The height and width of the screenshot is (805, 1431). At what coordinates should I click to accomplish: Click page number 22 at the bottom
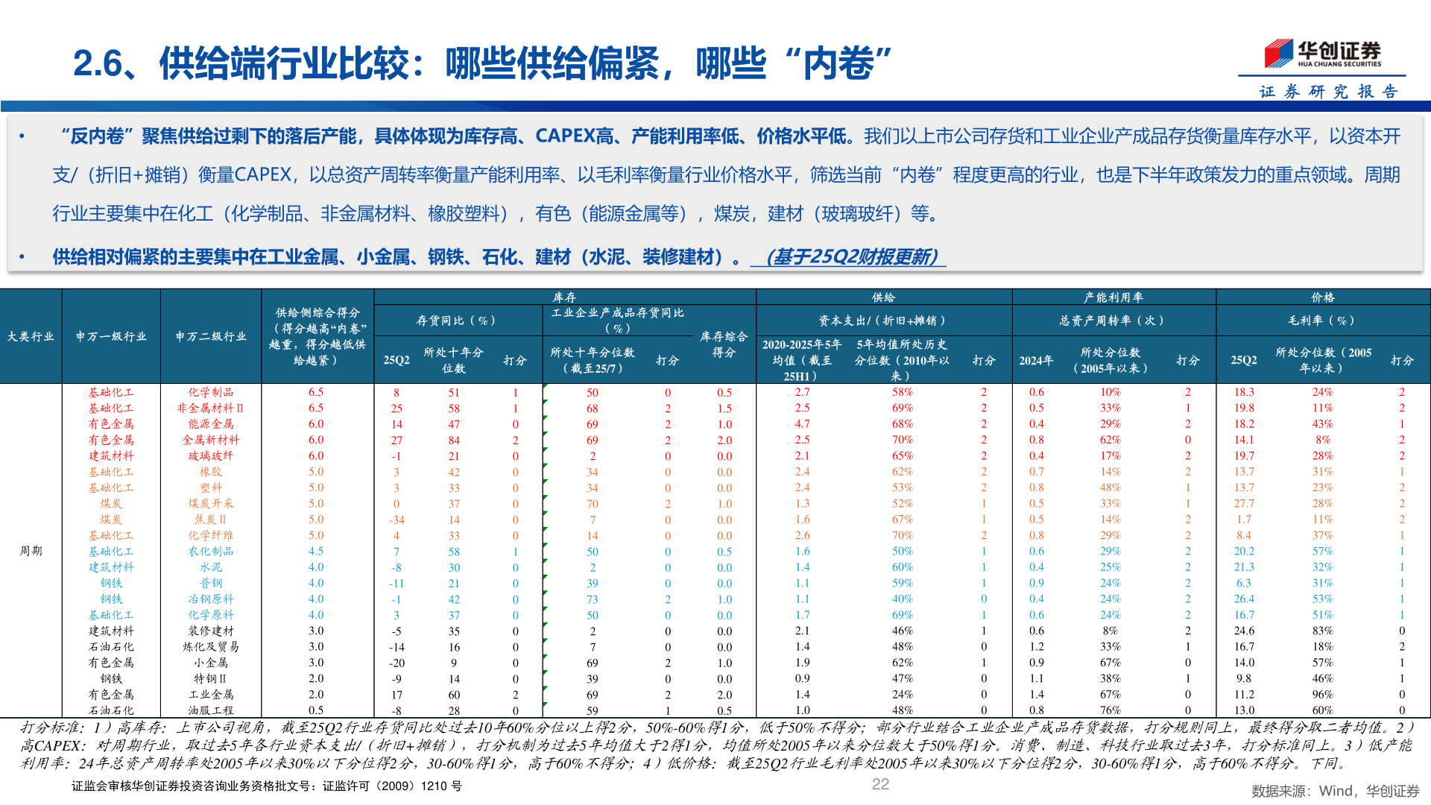(880, 784)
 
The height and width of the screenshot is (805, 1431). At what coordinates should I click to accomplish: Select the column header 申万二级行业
(211, 337)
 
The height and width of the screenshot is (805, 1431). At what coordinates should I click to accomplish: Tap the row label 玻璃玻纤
(211, 456)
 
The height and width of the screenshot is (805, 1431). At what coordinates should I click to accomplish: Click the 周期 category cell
(31, 551)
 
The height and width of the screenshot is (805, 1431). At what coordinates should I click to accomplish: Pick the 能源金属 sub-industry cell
(211, 424)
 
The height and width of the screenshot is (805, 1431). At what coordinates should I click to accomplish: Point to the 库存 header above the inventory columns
(564, 297)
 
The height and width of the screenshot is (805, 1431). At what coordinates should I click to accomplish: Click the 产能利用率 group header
(1113, 297)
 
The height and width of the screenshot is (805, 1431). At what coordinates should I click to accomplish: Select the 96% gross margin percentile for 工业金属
(1322, 695)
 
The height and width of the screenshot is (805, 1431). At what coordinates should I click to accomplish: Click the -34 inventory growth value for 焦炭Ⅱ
(397, 520)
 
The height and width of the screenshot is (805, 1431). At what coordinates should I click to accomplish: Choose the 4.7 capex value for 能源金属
(802, 424)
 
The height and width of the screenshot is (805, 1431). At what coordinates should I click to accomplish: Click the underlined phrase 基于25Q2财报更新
(851, 257)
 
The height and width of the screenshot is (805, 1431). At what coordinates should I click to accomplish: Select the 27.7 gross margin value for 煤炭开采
(1244, 504)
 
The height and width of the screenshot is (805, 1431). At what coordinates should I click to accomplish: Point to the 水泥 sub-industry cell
(211, 568)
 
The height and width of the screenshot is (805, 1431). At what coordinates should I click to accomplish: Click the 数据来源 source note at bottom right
(1335, 791)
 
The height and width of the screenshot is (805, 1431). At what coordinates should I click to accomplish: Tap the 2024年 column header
(1036, 361)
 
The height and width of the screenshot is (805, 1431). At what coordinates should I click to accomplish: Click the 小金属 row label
(211, 663)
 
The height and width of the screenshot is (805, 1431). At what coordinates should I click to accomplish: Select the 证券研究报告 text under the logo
(1327, 92)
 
